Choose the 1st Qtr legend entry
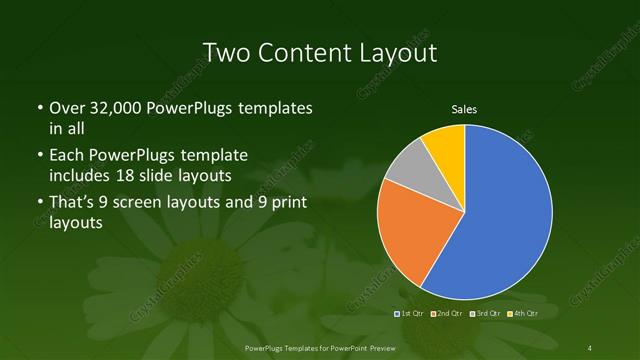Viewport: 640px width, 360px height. (410, 314)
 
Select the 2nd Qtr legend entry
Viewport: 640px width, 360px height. (448, 314)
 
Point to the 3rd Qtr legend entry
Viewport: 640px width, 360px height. (486, 314)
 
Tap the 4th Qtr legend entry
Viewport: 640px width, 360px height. (524, 314)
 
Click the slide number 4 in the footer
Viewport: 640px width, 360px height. (590, 347)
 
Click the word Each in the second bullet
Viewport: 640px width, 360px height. (66, 155)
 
